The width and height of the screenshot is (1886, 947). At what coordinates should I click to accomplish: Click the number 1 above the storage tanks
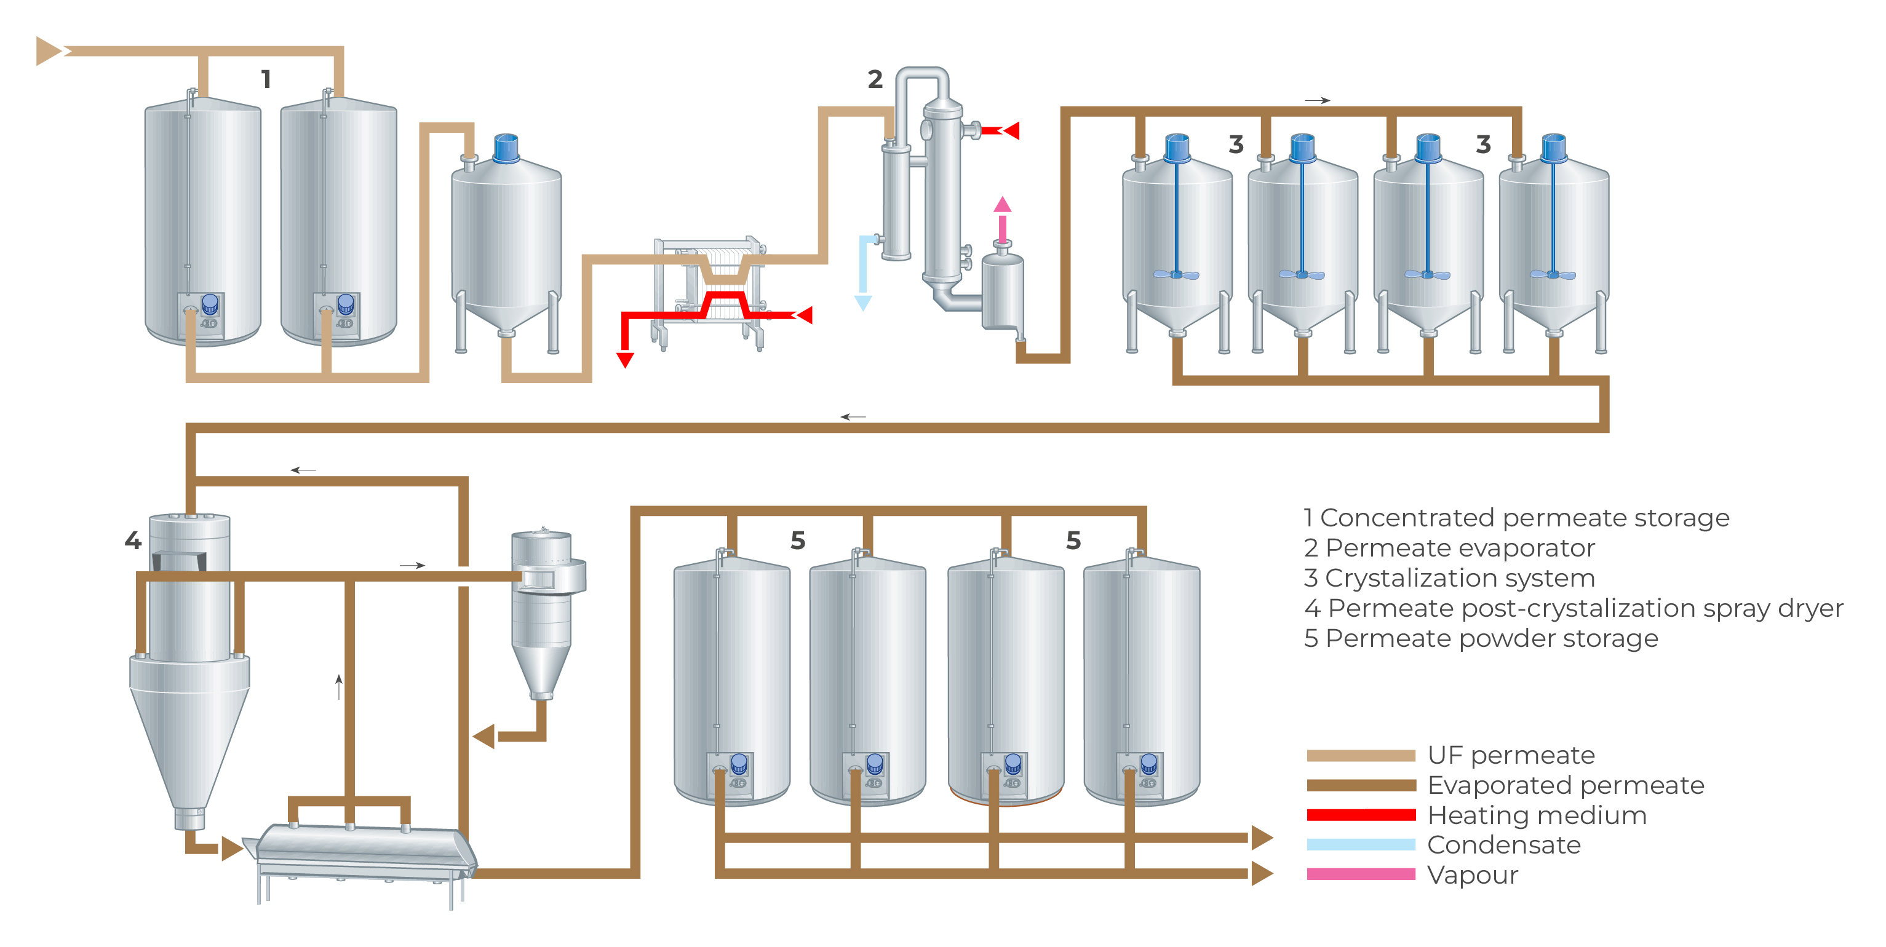pos(266,79)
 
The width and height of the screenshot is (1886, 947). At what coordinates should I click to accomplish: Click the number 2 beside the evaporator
pos(875,79)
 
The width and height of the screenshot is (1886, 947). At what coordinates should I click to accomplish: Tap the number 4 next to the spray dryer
pos(132,541)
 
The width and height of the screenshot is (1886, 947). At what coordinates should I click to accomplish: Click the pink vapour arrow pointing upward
pos(1002,205)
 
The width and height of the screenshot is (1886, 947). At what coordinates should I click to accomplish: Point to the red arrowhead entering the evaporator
pos(1012,131)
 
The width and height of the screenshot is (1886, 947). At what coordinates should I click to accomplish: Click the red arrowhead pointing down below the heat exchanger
pos(624,359)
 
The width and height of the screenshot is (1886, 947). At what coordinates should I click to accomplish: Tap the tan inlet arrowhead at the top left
pos(49,51)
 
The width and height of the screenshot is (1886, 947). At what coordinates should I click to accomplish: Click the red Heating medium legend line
pos(1360,815)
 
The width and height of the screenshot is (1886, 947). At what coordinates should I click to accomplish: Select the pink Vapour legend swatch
pos(1360,874)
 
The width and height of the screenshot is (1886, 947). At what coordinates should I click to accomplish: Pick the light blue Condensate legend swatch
pos(1360,844)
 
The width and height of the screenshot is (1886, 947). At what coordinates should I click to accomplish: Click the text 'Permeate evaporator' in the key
pos(1460,548)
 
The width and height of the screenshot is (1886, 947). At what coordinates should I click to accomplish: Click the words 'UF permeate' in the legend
pos(1511,755)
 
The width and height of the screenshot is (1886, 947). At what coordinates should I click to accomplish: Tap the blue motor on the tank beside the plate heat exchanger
pos(506,149)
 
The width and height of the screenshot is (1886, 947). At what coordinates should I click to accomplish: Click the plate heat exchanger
pos(709,289)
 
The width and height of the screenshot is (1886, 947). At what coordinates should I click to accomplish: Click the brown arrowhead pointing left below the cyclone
pos(484,736)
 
